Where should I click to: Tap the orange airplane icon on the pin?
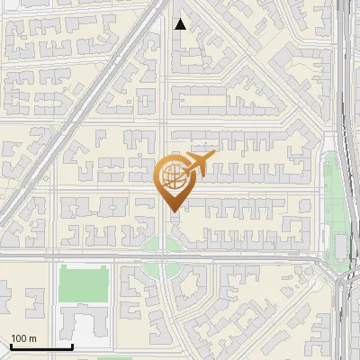(199, 161)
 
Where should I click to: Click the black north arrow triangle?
(181, 24)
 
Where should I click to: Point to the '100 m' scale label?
(23, 338)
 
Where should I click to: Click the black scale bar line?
(40, 347)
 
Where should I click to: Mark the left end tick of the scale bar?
(10, 346)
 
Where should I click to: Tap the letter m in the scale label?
(31, 338)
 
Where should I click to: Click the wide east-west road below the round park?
(234, 258)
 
